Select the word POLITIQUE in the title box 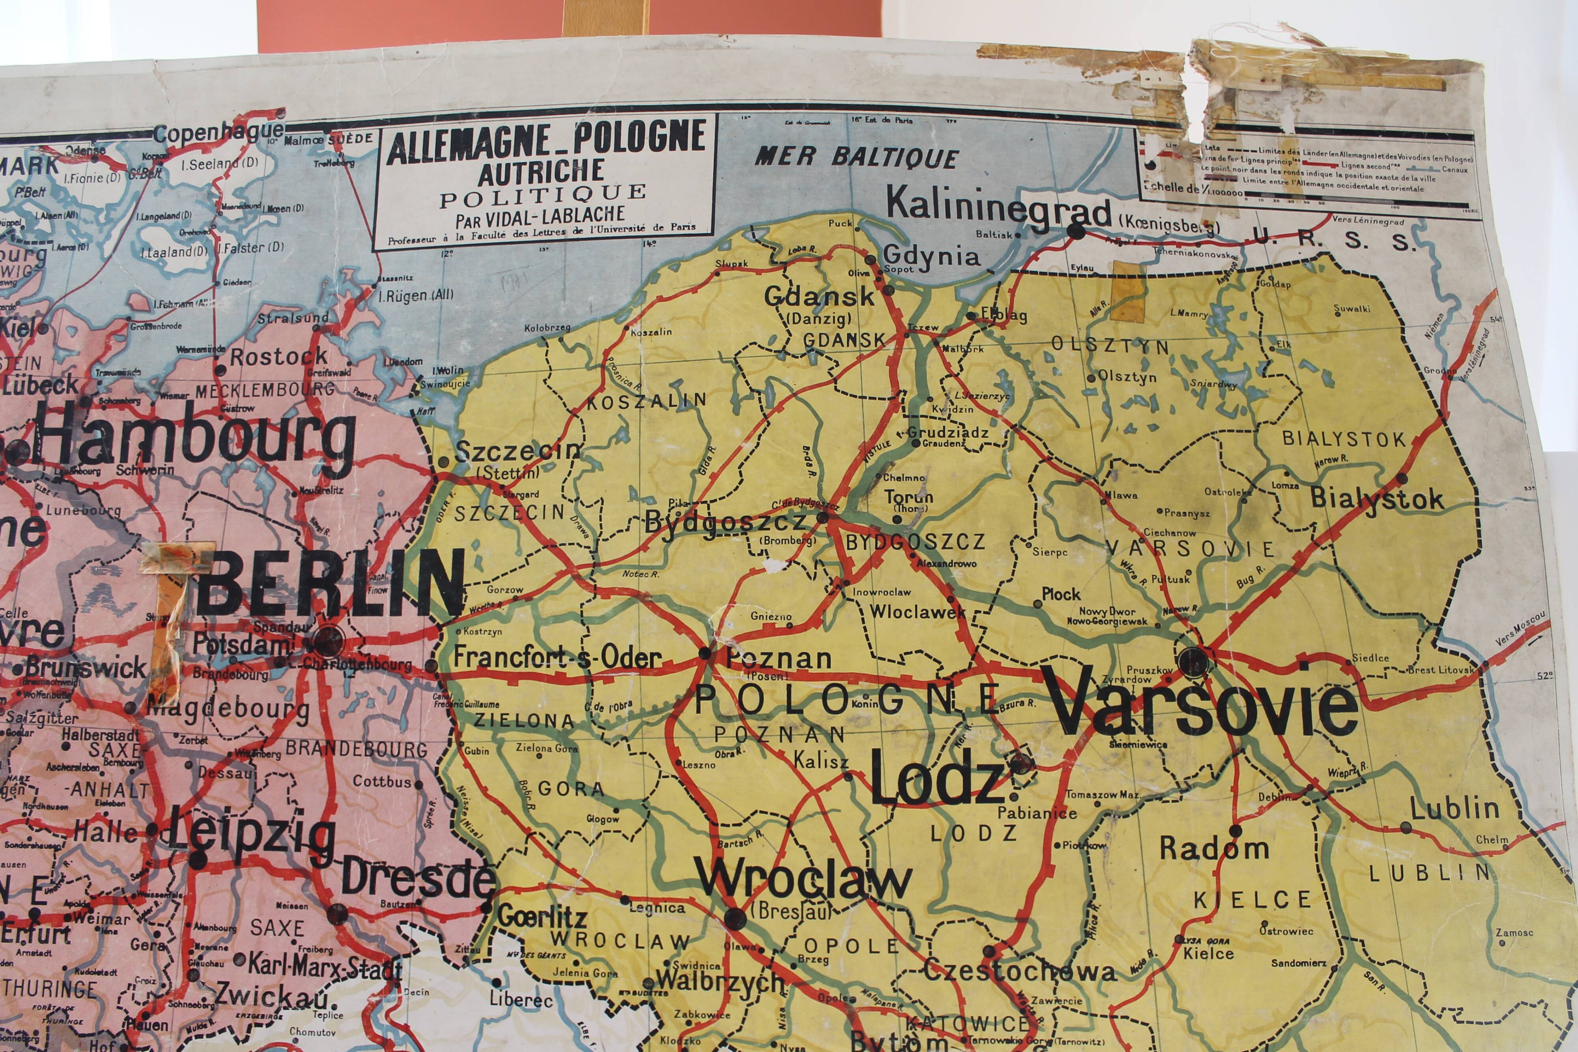[542, 194]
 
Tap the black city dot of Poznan [705, 653]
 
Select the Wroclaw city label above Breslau [803, 881]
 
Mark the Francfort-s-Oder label [557, 658]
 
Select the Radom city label [1214, 849]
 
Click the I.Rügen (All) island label [416, 295]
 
